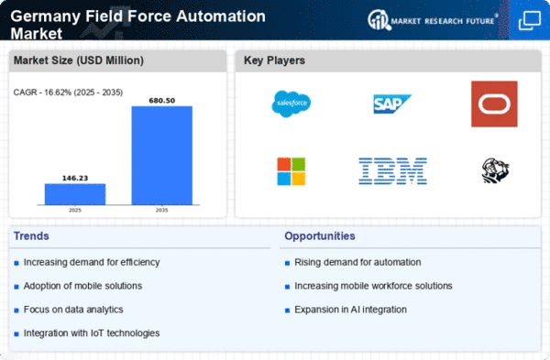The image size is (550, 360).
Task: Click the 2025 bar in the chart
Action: point(75,194)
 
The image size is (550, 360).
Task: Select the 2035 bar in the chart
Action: point(162,156)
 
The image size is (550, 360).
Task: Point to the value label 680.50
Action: point(162,101)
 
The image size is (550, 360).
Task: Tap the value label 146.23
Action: point(75,178)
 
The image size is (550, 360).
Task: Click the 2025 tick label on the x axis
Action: point(75,211)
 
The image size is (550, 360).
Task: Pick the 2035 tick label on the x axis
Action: point(162,211)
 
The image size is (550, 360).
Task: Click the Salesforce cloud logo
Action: point(291,104)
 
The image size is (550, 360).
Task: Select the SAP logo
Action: point(391,104)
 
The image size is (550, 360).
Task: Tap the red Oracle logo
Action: point(494,104)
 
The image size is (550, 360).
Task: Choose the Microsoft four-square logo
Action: point(291,171)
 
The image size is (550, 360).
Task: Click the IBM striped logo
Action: point(392,171)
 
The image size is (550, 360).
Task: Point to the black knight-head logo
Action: point(495,170)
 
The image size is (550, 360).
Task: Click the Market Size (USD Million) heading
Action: point(79,60)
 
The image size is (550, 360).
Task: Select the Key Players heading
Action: point(274,60)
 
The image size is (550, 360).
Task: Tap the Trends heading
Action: point(31,236)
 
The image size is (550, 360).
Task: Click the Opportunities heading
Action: point(320,236)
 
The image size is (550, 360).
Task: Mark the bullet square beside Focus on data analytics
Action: point(16,311)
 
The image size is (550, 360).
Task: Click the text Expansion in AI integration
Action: point(350,310)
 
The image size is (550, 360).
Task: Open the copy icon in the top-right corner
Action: point(530,20)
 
